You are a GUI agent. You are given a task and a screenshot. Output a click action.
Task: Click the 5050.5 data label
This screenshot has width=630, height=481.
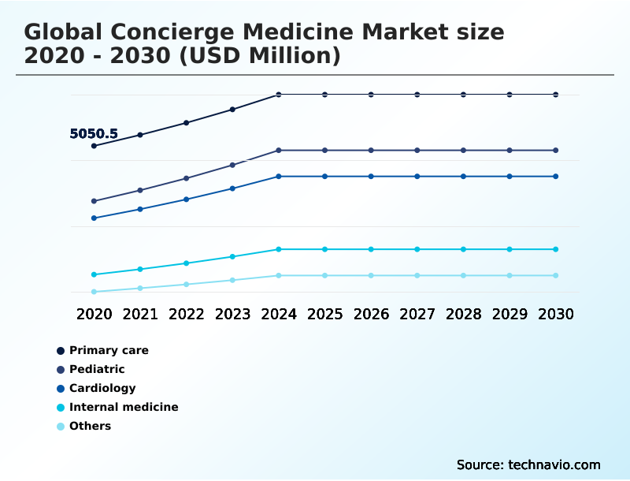click(x=94, y=134)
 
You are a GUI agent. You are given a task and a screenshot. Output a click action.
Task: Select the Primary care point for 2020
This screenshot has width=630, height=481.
click(x=94, y=146)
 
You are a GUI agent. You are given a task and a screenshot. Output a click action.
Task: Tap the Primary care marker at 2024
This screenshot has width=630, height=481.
click(x=279, y=95)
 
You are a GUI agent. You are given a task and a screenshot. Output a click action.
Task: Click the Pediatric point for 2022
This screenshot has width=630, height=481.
click(x=187, y=178)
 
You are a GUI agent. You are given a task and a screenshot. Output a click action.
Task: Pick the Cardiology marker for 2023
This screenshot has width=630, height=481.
click(x=232, y=188)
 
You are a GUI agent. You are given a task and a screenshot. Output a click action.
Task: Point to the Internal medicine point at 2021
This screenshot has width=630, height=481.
click(x=140, y=270)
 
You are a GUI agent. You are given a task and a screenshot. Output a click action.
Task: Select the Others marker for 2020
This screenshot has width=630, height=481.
click(x=94, y=292)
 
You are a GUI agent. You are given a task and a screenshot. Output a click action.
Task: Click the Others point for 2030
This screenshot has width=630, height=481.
click(x=556, y=275)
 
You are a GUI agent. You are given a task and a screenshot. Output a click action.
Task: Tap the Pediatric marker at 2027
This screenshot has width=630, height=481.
click(x=417, y=150)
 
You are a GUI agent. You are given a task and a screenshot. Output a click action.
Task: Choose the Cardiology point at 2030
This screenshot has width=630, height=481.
click(x=556, y=176)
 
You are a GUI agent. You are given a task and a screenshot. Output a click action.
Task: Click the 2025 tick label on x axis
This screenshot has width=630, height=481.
click(x=324, y=314)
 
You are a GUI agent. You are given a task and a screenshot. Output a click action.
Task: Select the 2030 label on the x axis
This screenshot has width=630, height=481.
click(x=556, y=314)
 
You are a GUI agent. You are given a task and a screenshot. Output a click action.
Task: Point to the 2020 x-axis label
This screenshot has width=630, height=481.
click(x=94, y=314)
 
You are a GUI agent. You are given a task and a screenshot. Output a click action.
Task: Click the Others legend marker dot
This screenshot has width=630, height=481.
click(x=61, y=427)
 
